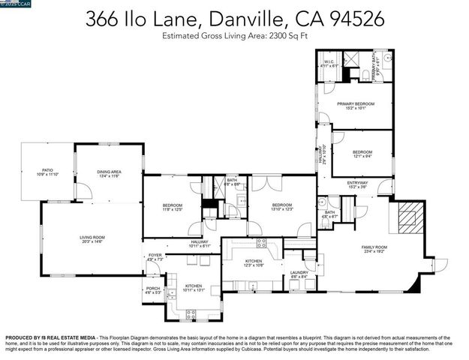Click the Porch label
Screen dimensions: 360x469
click(x=152, y=290)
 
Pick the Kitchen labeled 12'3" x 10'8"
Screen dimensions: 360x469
click(x=254, y=262)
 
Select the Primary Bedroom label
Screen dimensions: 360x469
click(x=356, y=105)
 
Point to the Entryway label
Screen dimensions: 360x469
click(x=357, y=184)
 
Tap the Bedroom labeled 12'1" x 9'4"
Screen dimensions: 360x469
click(x=362, y=154)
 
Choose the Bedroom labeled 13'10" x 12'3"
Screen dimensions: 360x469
click(x=281, y=206)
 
